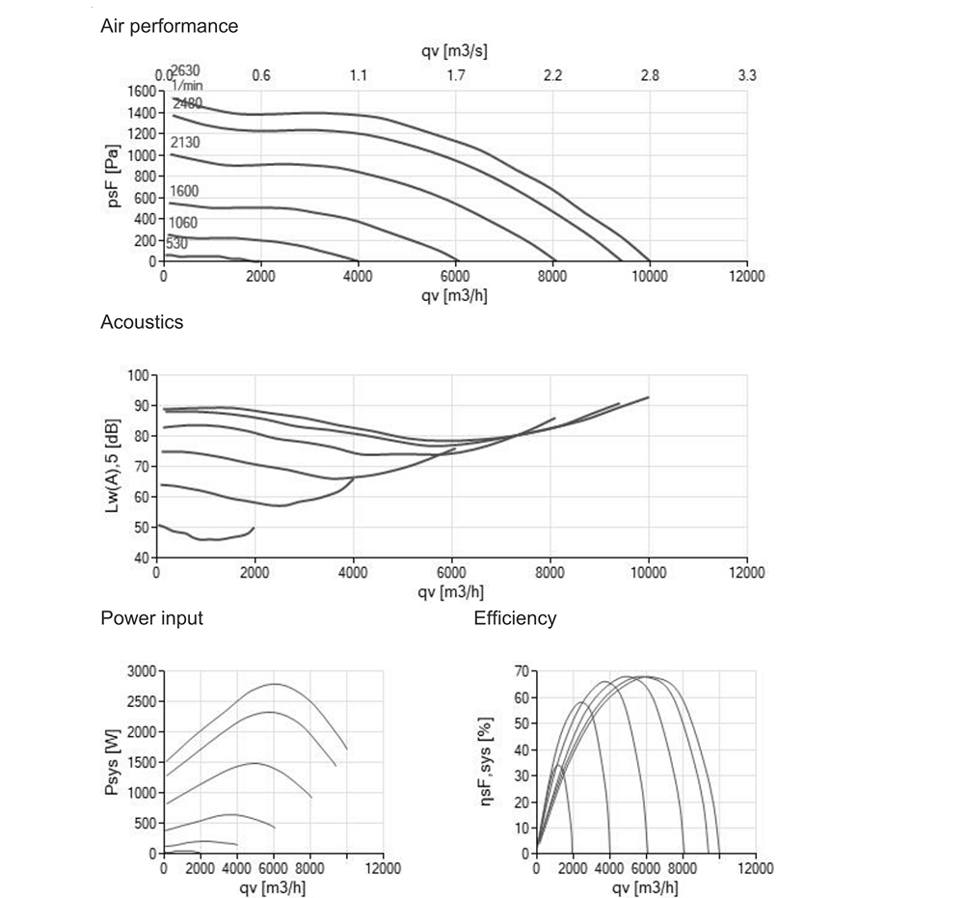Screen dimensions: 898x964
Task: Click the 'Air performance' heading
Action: click(x=169, y=27)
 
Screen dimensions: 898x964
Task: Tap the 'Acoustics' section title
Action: click(x=142, y=323)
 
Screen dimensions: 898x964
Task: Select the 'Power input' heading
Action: click(x=151, y=618)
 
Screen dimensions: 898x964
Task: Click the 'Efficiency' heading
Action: click(x=515, y=618)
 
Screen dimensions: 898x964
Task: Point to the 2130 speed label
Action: click(x=184, y=143)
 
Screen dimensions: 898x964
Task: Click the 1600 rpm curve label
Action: click(x=184, y=191)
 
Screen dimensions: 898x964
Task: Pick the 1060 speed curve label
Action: click(x=183, y=223)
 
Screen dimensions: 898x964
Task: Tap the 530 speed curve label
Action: click(x=176, y=244)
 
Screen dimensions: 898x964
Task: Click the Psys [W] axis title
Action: click(x=112, y=762)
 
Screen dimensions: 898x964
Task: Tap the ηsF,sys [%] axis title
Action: click(x=487, y=762)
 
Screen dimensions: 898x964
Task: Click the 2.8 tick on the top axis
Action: click(x=650, y=75)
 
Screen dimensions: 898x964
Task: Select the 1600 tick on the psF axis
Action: click(x=141, y=92)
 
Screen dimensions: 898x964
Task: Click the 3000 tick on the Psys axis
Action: click(x=141, y=671)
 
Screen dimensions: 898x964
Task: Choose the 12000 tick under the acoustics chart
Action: click(x=746, y=572)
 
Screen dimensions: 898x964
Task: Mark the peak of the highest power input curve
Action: click(x=275, y=684)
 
